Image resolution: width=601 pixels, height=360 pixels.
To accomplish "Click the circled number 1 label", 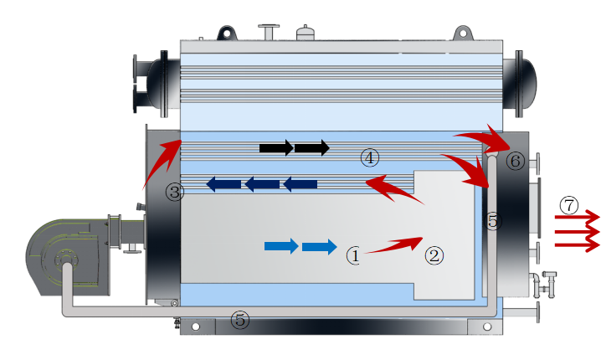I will point(354,255).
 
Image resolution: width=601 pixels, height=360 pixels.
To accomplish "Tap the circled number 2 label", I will point(433,255).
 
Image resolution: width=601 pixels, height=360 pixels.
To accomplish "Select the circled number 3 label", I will point(174,193).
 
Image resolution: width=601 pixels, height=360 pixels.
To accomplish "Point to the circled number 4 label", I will point(369,157).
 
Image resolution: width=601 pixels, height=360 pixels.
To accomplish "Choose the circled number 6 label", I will point(516,161).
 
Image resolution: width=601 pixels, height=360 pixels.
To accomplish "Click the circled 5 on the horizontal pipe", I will point(240,320).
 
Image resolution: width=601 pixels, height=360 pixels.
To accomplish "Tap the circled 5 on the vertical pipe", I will point(492,222).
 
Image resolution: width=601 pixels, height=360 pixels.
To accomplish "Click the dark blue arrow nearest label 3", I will point(223,184).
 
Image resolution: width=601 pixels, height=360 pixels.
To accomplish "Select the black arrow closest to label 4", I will point(312,148).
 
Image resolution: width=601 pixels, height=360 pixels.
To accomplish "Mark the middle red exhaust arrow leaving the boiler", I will point(577,231).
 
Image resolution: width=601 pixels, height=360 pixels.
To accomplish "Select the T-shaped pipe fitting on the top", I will point(269,33).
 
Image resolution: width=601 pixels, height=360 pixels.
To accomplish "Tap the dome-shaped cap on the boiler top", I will point(306,34).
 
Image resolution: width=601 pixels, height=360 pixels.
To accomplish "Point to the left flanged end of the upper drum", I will point(152,82).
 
